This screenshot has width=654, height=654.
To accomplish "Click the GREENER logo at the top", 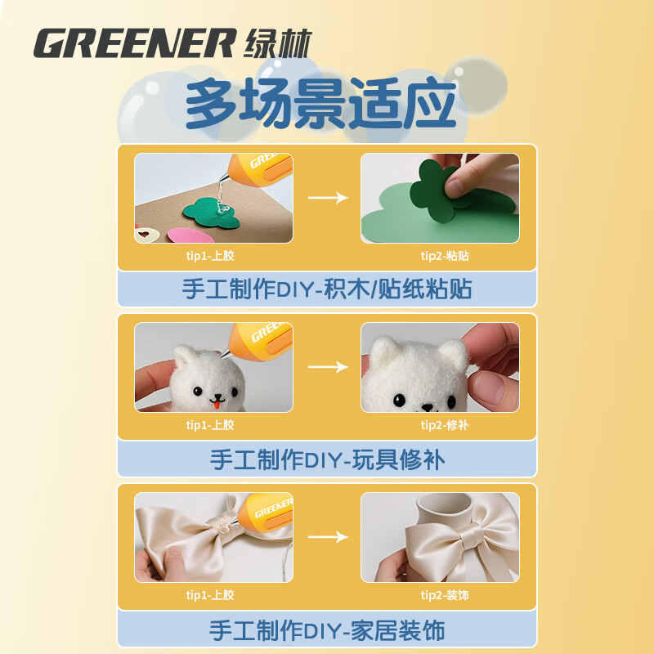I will click(x=172, y=43).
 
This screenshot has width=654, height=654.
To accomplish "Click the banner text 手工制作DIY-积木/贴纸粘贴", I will click(x=327, y=289).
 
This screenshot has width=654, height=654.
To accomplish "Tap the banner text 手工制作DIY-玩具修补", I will click(x=327, y=459).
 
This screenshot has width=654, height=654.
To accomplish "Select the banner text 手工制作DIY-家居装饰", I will click(x=327, y=630).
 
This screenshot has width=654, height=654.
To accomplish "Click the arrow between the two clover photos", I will click(x=328, y=198).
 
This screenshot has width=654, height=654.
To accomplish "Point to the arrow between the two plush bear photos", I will click(x=328, y=368).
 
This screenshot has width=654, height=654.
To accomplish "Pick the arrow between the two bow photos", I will click(x=328, y=537).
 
